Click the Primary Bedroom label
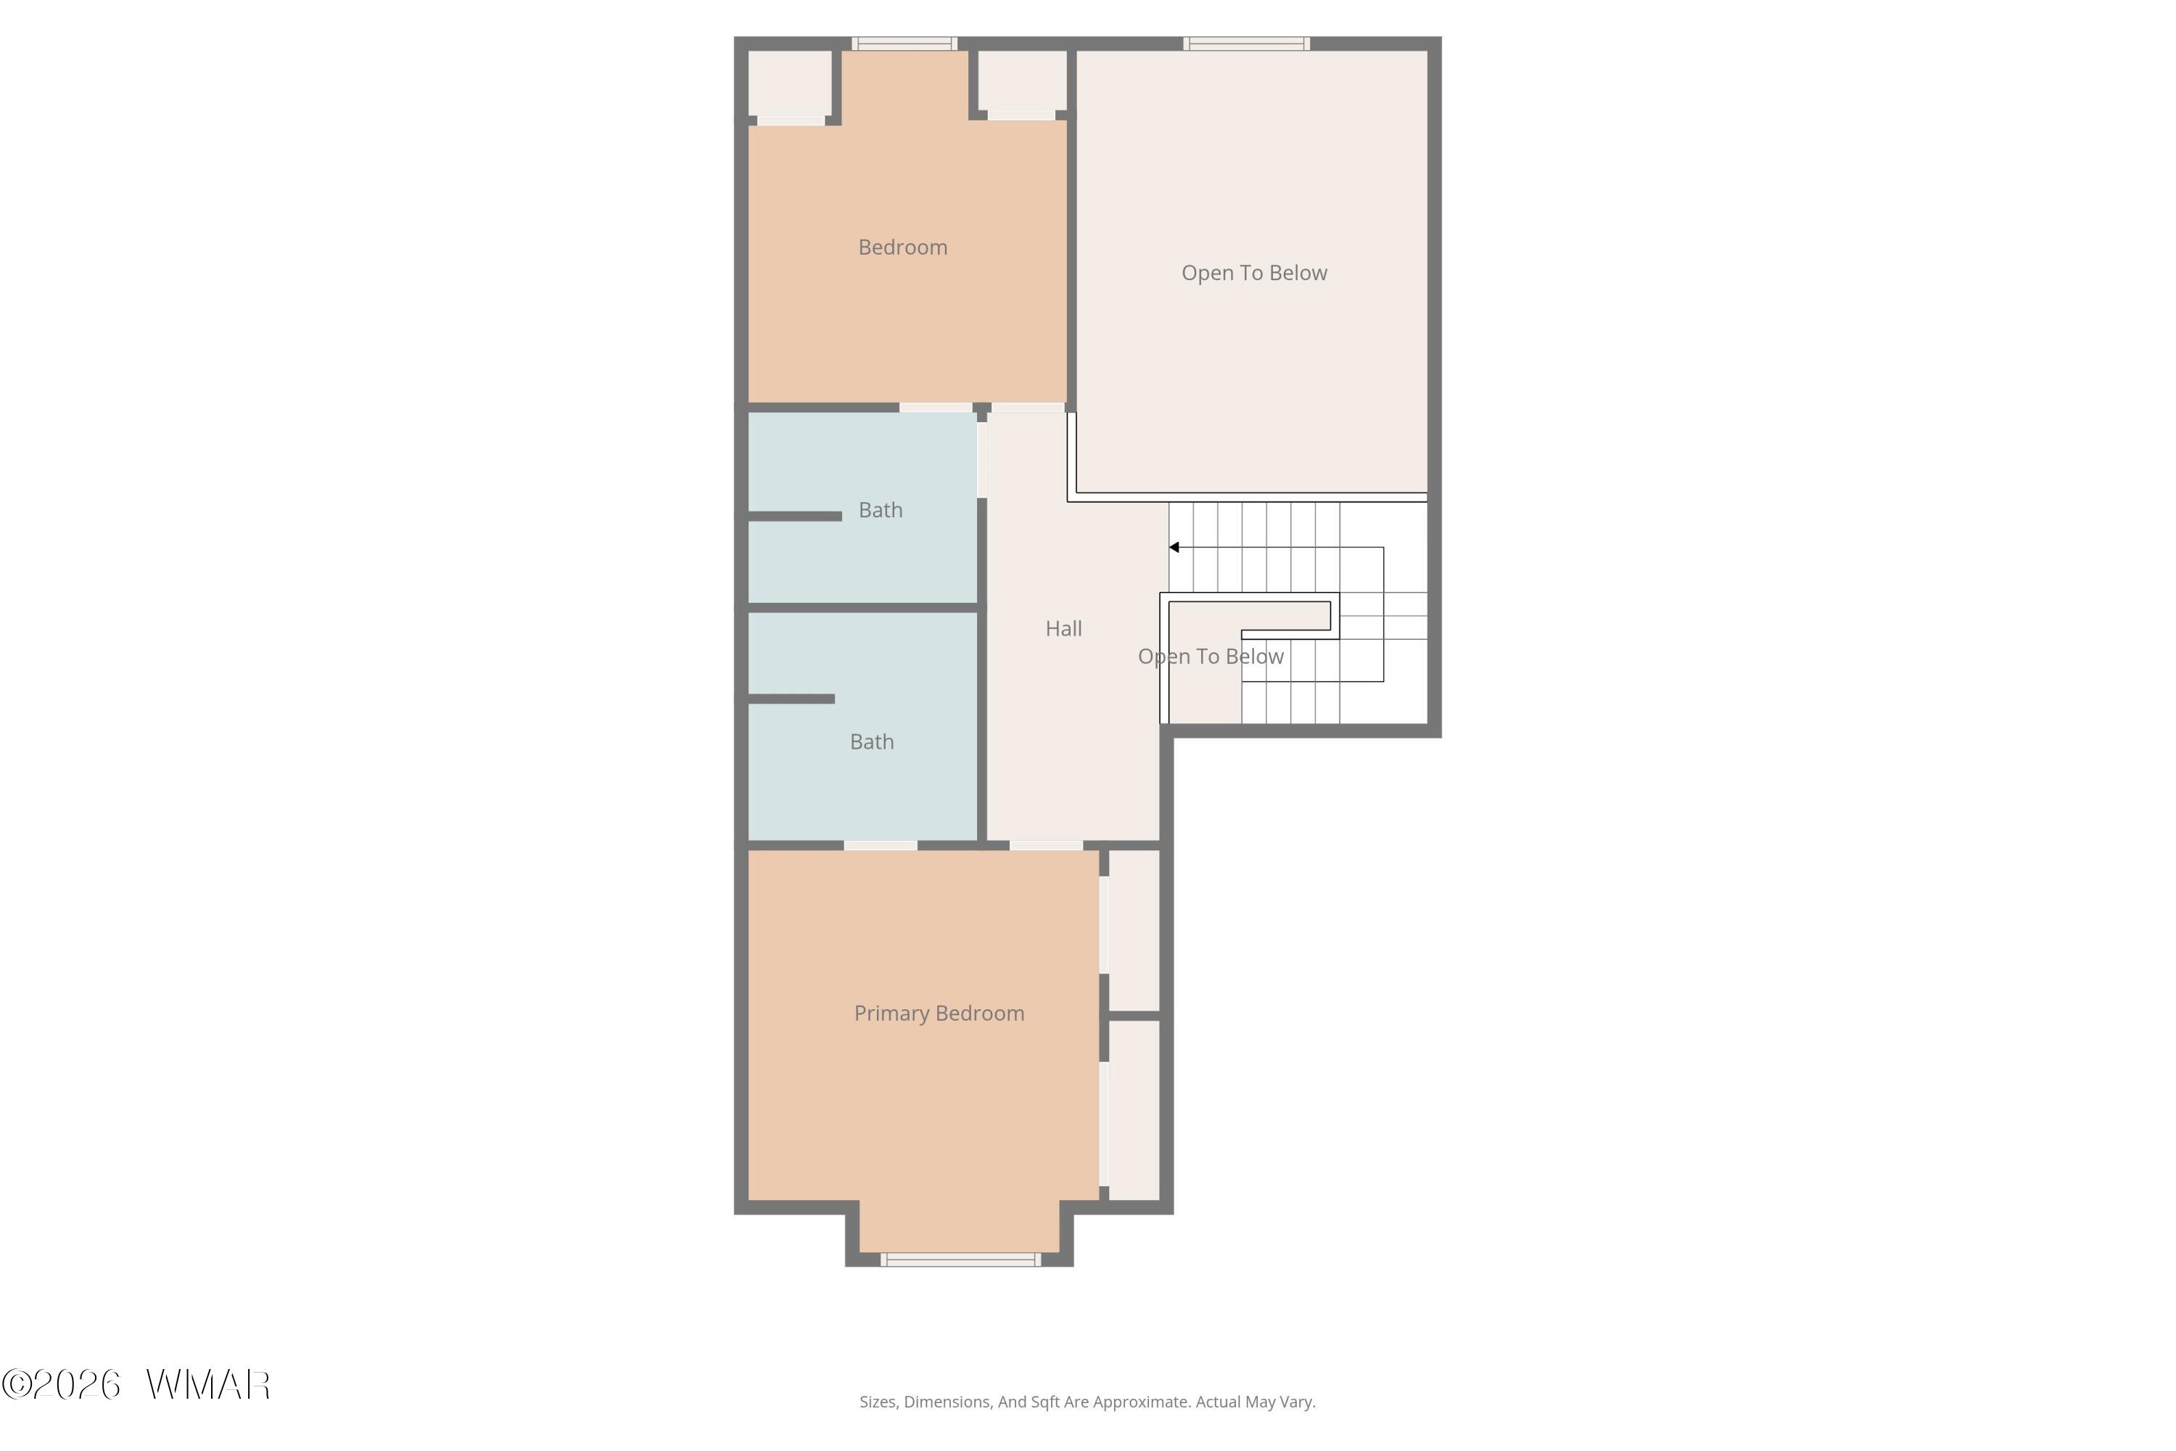click(939, 1014)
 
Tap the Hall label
click(1063, 628)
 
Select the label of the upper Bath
click(880, 510)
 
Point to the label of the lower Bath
click(872, 741)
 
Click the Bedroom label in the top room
click(902, 247)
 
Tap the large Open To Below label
click(1253, 273)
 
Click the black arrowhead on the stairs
click(1174, 548)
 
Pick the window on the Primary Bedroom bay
click(960, 1259)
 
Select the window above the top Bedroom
click(904, 44)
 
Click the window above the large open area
click(1246, 44)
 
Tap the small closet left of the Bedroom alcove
click(789, 83)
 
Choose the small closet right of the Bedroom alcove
click(1022, 81)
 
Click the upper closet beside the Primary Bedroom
click(1134, 930)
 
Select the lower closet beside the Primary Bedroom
click(1134, 1111)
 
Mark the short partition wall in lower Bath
click(791, 699)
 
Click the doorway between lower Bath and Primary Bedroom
click(881, 846)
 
